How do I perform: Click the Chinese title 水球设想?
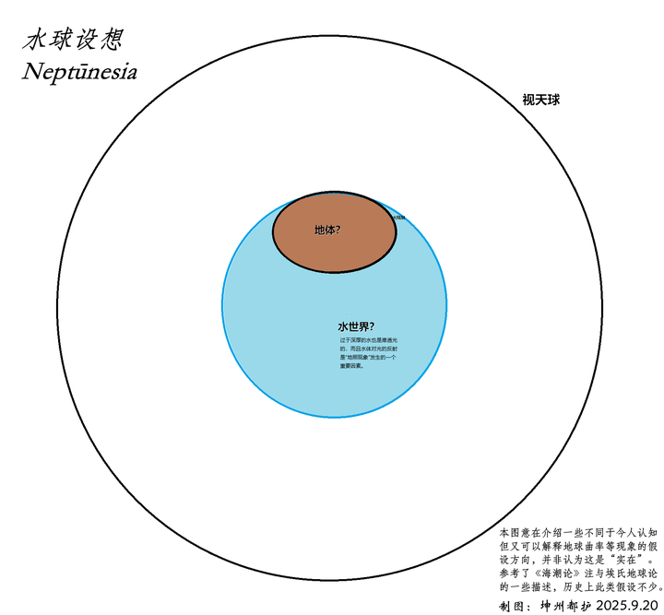pyautogui.click(x=74, y=40)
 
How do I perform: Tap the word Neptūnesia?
pyautogui.click(x=79, y=72)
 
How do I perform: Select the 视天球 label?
pyautogui.click(x=541, y=100)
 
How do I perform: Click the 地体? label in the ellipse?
pyautogui.click(x=327, y=230)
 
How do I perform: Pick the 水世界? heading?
pyautogui.click(x=355, y=326)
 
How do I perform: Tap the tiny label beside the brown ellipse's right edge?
pyautogui.click(x=398, y=218)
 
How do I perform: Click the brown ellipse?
pyautogui.click(x=360, y=249)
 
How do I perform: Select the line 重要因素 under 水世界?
pyautogui.click(x=351, y=365)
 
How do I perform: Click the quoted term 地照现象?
pyautogui.click(x=360, y=357)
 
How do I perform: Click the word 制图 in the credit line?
pyautogui.click(x=512, y=606)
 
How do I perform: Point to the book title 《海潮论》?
pyautogui.click(x=554, y=573)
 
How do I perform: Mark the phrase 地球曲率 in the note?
pyautogui.click(x=573, y=546)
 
